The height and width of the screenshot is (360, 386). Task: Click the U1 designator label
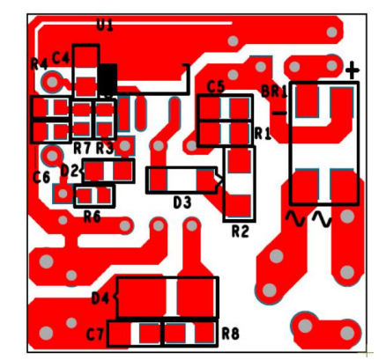(x=105, y=25)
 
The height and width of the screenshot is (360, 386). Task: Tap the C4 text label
(x=61, y=57)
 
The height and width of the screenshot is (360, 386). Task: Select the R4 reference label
(x=39, y=64)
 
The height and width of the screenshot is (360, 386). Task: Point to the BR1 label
(x=274, y=92)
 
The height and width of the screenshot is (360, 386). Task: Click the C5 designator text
(x=216, y=86)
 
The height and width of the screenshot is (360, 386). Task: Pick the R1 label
(x=263, y=134)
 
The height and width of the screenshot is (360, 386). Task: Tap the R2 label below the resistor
(x=241, y=231)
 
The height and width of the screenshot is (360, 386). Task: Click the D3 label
(x=182, y=202)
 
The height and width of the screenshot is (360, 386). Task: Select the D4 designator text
(x=100, y=298)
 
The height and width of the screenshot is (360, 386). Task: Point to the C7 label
(x=95, y=334)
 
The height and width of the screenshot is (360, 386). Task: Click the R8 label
(x=230, y=334)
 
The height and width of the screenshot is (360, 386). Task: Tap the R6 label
(x=93, y=217)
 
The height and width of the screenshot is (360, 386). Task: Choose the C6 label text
(x=41, y=177)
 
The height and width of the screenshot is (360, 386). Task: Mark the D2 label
(x=70, y=171)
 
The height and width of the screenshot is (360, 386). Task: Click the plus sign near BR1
(x=353, y=70)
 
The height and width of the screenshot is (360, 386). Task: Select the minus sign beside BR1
(x=279, y=114)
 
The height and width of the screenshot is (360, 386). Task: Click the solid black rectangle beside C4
(x=108, y=79)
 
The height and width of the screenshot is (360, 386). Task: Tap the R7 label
(x=82, y=149)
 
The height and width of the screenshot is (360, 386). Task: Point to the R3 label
(x=105, y=149)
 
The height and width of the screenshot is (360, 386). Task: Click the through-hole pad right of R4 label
(x=52, y=82)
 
